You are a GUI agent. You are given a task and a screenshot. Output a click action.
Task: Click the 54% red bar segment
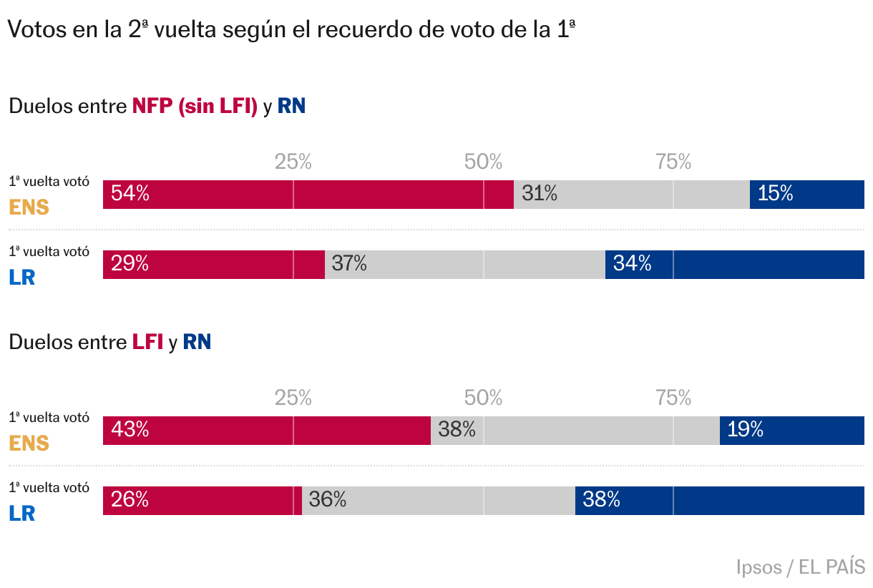(308, 195)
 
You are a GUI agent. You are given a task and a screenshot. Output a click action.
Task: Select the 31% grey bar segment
(632, 195)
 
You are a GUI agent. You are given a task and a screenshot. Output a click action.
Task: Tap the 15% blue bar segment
(807, 195)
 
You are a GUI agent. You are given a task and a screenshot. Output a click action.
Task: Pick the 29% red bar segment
(214, 265)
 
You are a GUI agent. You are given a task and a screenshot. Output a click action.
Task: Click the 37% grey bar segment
(465, 265)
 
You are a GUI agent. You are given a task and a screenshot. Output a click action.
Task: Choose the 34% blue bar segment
(735, 265)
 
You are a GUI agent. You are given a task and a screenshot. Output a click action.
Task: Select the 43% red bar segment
(267, 430)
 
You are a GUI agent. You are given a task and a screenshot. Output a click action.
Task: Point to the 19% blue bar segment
(792, 430)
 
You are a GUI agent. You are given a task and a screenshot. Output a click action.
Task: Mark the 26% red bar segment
(203, 500)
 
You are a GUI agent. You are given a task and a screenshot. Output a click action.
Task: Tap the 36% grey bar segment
(439, 500)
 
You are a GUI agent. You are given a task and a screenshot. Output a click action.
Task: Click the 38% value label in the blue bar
(601, 500)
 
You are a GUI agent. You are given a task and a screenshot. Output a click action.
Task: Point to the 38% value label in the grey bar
(457, 430)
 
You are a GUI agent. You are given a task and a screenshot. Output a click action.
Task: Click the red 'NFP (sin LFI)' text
(195, 107)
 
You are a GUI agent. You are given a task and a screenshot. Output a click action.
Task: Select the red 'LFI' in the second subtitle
(147, 342)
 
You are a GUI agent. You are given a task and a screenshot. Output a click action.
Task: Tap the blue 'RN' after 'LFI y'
(197, 342)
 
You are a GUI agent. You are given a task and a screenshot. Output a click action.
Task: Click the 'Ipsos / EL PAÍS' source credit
(800, 567)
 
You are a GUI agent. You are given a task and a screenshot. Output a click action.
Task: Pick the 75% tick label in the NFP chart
(673, 162)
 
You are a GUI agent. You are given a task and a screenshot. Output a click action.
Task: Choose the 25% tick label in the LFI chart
(293, 398)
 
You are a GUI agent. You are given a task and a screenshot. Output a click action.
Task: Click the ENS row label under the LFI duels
(29, 444)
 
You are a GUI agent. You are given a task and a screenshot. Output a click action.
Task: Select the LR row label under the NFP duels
(22, 278)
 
